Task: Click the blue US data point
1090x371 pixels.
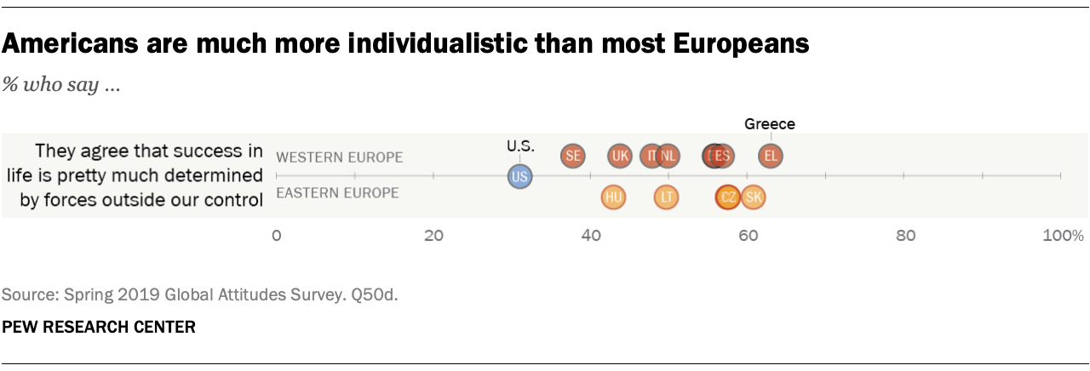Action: point(519,176)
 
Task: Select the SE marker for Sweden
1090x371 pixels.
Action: point(573,156)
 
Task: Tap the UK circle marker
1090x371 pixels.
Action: point(620,156)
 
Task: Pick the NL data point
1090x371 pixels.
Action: point(668,156)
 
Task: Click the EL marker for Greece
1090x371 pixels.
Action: point(771,156)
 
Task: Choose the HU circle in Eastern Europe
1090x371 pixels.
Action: point(612,197)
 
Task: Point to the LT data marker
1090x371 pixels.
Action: point(667,197)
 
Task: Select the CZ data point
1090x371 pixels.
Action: point(727,197)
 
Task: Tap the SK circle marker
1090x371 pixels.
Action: point(753,197)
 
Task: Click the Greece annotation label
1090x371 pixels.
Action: point(770,123)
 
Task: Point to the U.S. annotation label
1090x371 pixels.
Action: point(519,146)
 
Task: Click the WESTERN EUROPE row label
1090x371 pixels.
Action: point(339,157)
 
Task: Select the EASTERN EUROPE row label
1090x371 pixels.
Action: point(337,193)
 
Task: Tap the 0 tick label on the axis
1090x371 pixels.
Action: point(276,235)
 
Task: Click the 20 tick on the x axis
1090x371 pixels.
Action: point(433,235)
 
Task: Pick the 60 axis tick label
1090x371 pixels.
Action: point(748,235)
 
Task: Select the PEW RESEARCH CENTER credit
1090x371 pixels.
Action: point(98,327)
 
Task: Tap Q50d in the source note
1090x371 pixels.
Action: point(379,295)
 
